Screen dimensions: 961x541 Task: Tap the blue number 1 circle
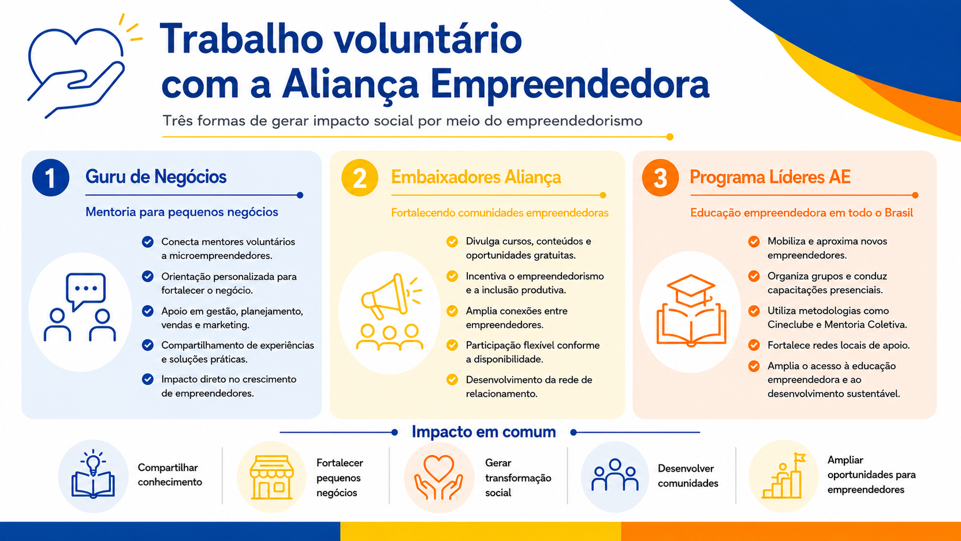click(x=51, y=178)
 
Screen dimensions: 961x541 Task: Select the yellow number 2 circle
click(x=360, y=178)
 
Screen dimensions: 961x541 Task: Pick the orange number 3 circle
click(x=660, y=178)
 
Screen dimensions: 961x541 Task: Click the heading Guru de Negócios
click(x=156, y=177)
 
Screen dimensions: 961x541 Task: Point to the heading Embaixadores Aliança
click(x=476, y=177)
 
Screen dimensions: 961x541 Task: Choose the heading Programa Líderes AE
click(x=770, y=177)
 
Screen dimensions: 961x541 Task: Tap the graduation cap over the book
click(x=691, y=290)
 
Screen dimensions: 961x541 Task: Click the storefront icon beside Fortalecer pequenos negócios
click(x=271, y=477)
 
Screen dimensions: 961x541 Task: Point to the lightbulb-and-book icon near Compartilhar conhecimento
click(x=93, y=474)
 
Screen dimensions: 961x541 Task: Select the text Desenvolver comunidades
click(x=688, y=476)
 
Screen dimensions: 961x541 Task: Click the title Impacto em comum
click(x=483, y=432)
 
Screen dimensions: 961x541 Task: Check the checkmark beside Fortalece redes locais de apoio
click(x=754, y=346)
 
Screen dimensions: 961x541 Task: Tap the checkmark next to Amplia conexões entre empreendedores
click(x=452, y=311)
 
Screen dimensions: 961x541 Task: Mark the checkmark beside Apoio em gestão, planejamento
click(x=148, y=311)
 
